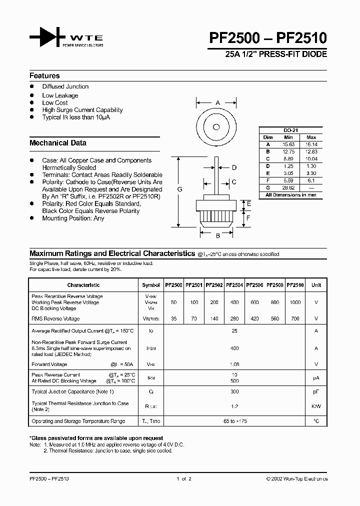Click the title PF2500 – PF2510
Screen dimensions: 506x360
[270, 38]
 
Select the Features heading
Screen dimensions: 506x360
[44, 76]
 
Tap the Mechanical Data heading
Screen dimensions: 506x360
[58, 143]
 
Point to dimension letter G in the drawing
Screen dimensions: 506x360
[180, 189]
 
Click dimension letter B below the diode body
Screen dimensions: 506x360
[217, 236]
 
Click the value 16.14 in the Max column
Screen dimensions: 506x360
[311, 144]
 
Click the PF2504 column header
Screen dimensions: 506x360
[234, 285]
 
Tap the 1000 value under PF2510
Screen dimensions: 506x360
[295, 302]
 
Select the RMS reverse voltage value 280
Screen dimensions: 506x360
[234, 318]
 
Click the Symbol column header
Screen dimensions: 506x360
[151, 285]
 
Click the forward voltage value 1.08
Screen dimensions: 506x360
[234, 364]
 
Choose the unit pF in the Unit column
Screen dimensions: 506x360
[316, 391]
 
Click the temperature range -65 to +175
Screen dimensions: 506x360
[234, 421]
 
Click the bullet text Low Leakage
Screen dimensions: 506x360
[60, 95]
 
